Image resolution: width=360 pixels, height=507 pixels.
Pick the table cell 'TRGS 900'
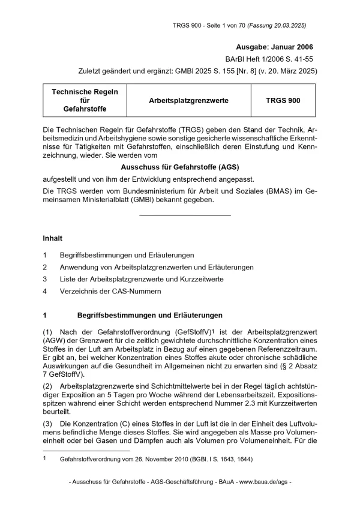[283, 101]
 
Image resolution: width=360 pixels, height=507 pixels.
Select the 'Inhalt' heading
[53, 238]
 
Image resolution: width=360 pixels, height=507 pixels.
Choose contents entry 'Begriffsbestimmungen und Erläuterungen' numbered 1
[127, 255]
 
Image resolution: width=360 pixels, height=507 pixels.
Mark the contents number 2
[45, 267]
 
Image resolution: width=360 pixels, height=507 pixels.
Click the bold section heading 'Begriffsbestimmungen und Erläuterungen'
[150, 315]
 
